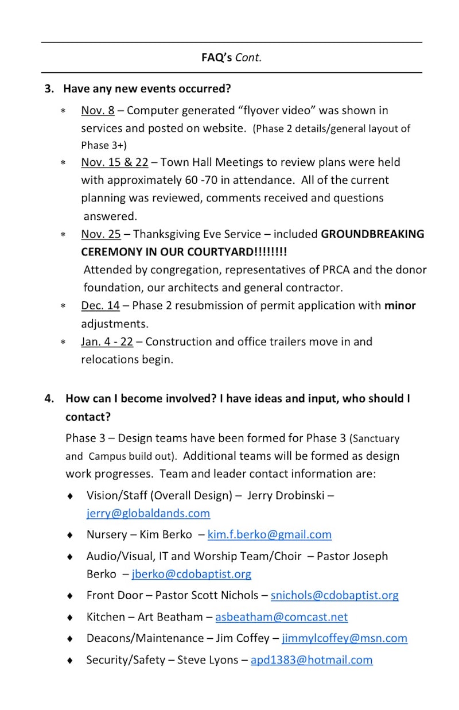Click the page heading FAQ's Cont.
231,57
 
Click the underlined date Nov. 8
98,110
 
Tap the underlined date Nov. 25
100,234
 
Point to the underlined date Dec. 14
100,306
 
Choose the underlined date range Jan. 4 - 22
107,342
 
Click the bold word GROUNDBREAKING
372,234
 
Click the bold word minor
400,306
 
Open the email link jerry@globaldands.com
148,513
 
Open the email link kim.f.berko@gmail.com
269,534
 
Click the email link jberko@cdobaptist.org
191,574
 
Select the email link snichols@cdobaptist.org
334,595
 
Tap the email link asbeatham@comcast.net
281,617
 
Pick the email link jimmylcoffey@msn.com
344,638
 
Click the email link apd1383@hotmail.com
312,660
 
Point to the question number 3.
49,89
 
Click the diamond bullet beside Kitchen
70,618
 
